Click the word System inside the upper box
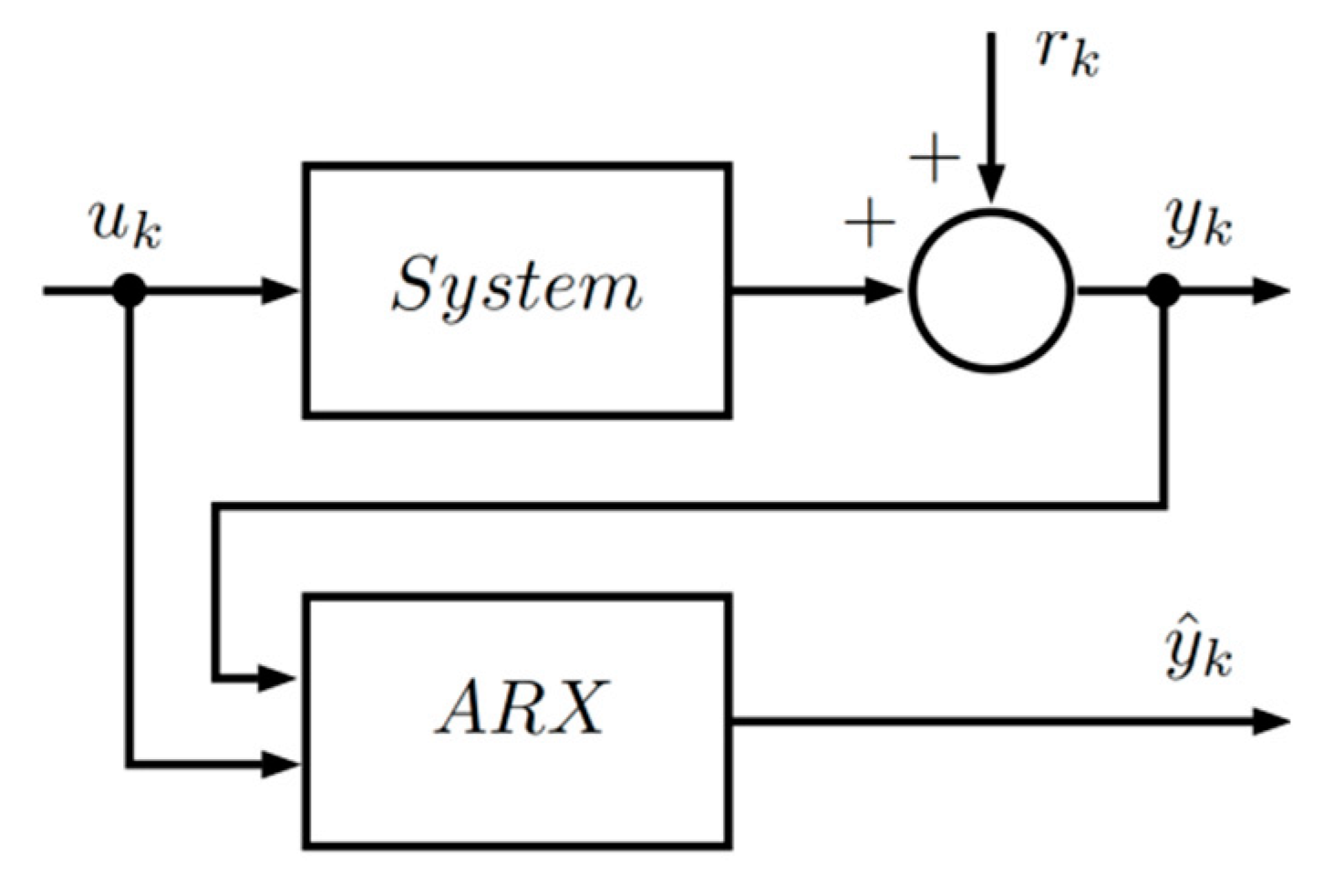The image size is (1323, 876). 516,288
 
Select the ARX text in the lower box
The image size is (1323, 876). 520,708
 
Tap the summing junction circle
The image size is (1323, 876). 991,291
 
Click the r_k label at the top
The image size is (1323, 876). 1067,53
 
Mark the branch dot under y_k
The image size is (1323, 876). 1163,291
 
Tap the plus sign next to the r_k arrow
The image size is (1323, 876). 935,161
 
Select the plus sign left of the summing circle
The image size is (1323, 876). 870,224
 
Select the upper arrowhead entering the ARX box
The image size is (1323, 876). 278,678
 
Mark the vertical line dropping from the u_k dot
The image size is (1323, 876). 130,529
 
